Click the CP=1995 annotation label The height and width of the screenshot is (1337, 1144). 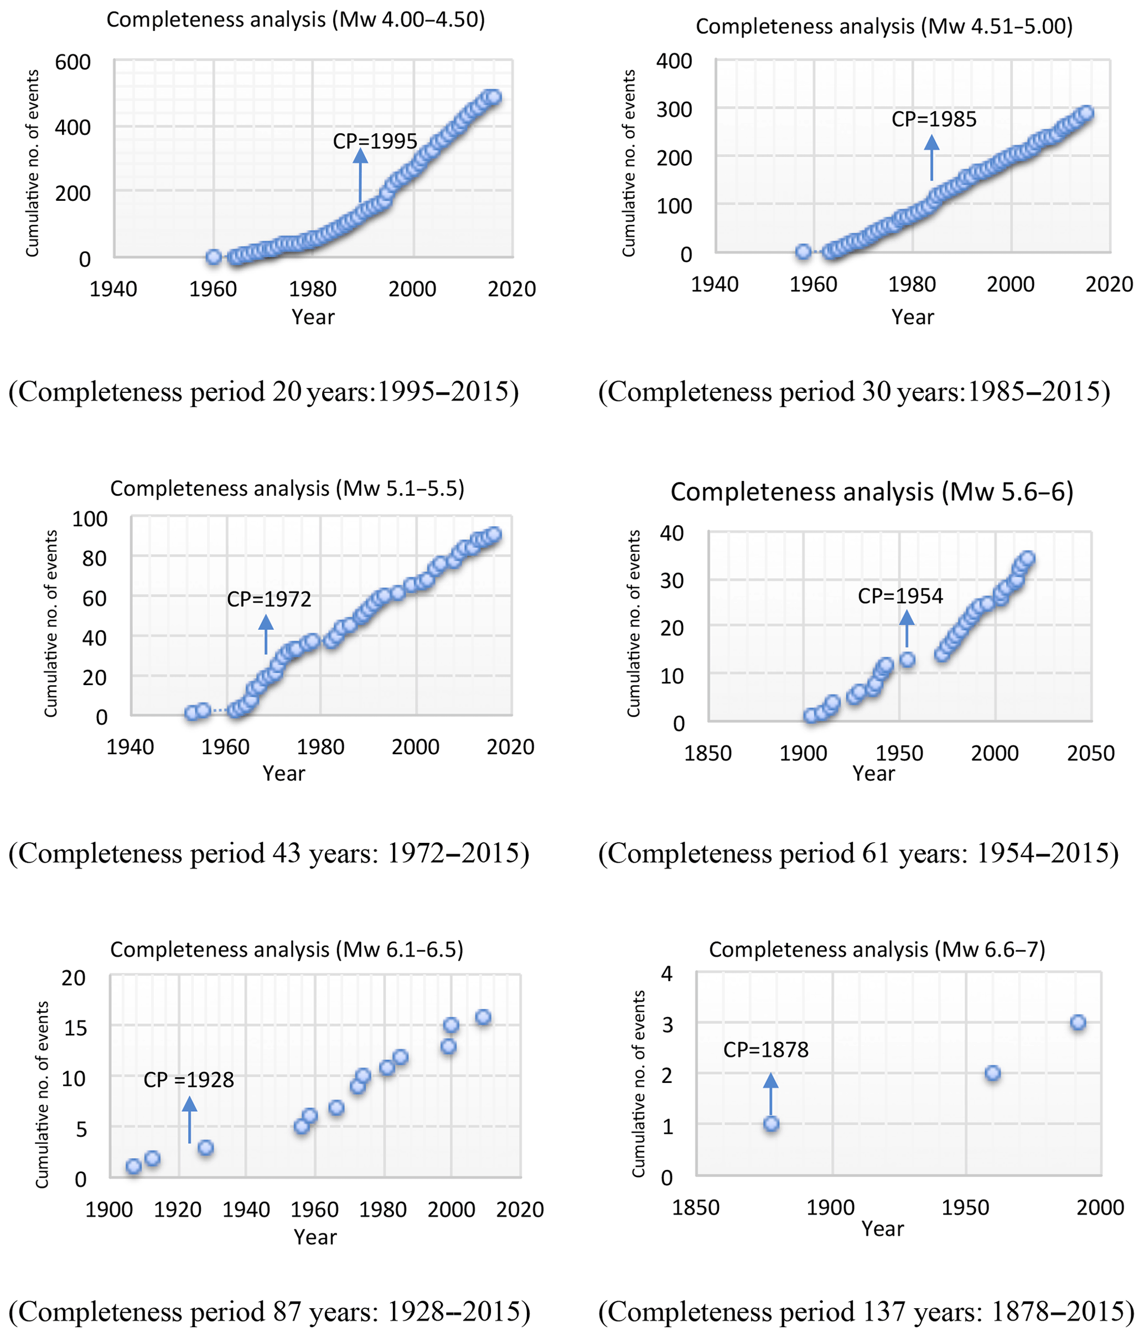(375, 141)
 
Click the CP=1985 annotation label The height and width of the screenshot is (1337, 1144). (934, 120)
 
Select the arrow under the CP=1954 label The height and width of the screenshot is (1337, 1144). (907, 629)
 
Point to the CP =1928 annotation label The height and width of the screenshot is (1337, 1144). (188, 1080)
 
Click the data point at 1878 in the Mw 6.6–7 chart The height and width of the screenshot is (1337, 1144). (771, 1124)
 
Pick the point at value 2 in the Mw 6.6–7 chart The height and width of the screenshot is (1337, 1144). (992, 1073)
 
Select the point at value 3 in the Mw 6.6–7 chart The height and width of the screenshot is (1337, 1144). (1078, 1023)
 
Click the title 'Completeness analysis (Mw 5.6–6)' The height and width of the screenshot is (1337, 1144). (872, 493)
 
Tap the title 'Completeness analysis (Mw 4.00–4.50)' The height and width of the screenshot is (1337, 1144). (296, 20)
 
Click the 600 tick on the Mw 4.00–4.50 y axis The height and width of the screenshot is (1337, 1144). (73, 63)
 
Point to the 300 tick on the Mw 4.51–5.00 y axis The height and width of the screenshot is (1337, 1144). (674, 109)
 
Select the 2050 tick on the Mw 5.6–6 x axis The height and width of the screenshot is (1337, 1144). (1091, 753)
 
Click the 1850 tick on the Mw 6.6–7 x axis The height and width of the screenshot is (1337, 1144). (696, 1208)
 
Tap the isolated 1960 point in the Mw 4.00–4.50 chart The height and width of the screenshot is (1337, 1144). (214, 257)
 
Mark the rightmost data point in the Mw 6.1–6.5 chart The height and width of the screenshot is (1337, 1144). (483, 1018)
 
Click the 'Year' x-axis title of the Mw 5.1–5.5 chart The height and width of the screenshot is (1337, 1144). (284, 773)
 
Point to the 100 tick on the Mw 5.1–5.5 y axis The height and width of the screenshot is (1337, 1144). (90, 519)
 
